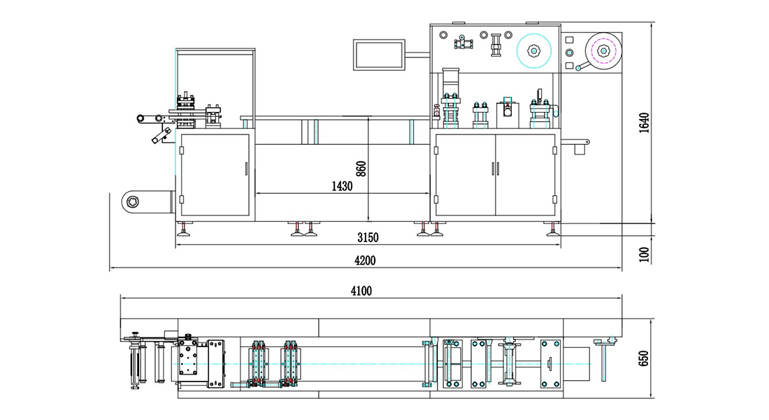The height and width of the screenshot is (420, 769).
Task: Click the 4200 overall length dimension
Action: coord(365,260)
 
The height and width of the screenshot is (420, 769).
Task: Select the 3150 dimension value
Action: coord(368,238)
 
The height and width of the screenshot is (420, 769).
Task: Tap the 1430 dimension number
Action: coord(342,186)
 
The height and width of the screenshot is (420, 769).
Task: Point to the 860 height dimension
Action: coord(361,169)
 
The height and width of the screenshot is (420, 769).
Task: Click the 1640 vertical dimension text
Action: coord(644,123)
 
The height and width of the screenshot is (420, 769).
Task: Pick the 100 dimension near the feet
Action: coord(644,255)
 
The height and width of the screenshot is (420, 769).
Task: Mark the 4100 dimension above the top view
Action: coord(361,291)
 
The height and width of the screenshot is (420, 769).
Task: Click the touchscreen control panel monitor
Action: coord(379,55)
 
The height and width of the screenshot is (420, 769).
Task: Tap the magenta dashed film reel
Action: coord(603,50)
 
